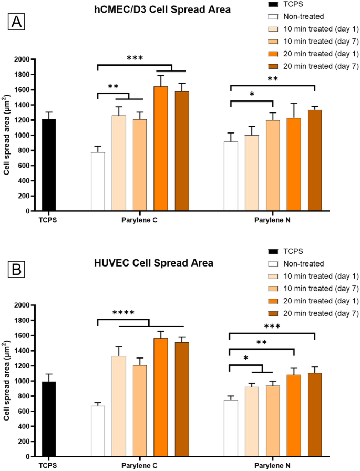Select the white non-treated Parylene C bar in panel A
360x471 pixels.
98,181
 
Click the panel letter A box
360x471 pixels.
16,23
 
